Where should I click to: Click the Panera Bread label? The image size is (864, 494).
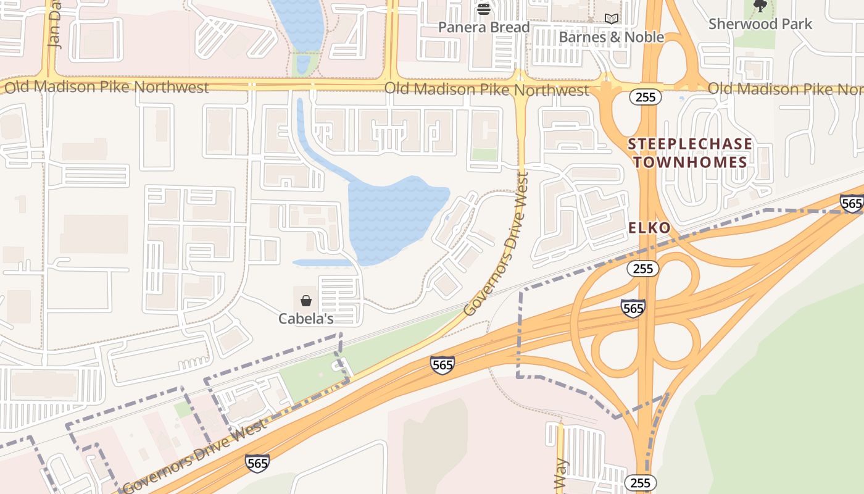point(484,27)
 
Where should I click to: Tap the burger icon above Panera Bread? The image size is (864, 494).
point(484,9)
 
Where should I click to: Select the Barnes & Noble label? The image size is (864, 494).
point(611,37)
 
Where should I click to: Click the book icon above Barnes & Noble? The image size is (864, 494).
point(611,19)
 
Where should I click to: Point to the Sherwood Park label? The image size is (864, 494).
point(760,24)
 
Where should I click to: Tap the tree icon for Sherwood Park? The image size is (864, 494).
point(760,6)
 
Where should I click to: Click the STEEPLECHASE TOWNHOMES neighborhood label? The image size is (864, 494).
point(690,153)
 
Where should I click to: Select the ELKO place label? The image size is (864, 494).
point(649,228)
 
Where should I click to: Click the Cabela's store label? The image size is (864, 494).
point(306,319)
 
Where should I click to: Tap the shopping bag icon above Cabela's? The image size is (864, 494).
point(306,301)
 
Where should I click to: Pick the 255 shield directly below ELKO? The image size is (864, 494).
point(643,269)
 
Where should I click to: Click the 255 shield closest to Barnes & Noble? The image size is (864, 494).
point(646,97)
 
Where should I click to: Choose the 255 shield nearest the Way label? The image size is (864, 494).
point(641,482)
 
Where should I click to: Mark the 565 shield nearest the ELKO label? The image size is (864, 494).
point(633,308)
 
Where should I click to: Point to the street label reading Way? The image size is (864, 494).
point(560,474)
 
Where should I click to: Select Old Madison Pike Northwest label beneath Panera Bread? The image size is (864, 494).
point(486,90)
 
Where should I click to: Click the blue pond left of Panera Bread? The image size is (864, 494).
point(299,25)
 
